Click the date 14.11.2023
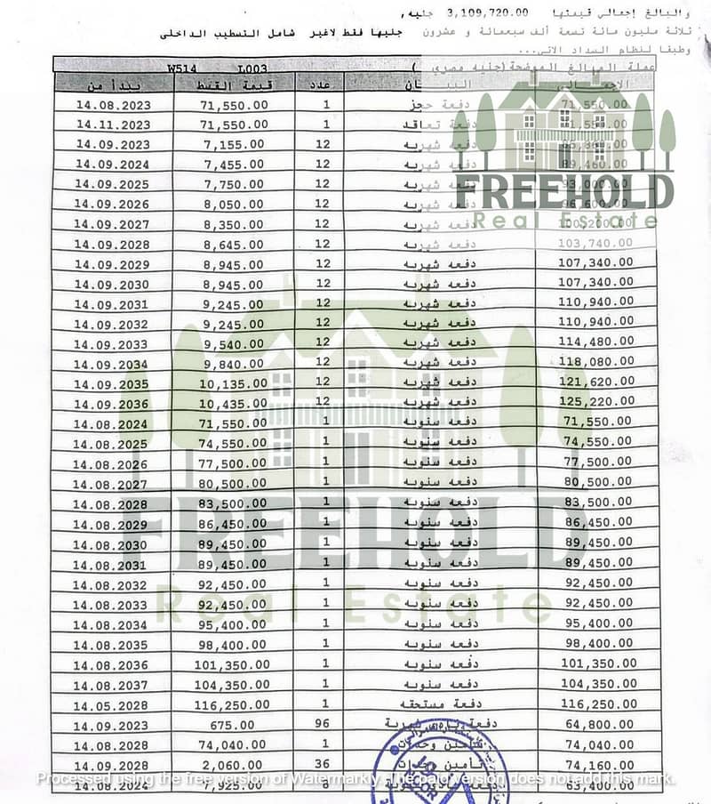113,125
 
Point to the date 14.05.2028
113,705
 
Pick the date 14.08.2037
113,684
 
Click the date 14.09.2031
113,304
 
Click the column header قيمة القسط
235,84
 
